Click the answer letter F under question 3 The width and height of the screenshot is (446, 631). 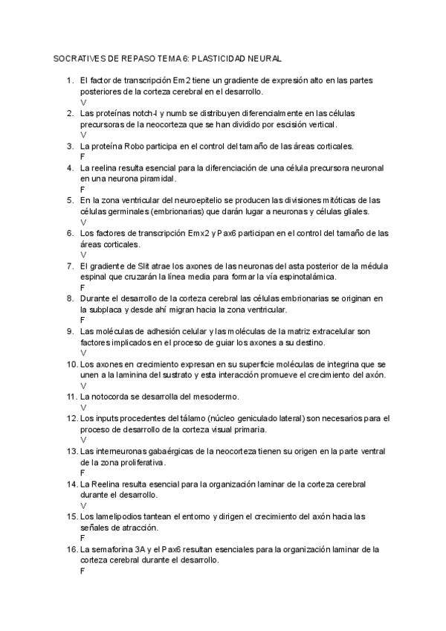[x=82, y=157]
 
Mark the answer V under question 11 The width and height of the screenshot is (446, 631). [x=83, y=408]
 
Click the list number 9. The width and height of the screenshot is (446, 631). [x=69, y=331]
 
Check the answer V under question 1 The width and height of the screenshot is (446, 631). [x=83, y=102]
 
